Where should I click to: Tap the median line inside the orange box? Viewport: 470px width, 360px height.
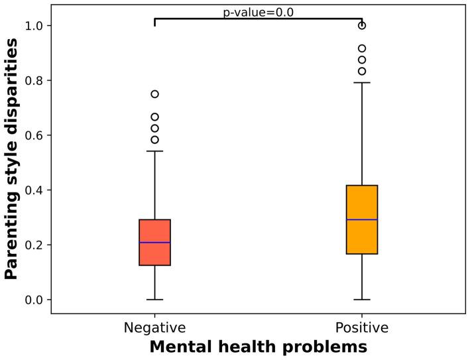point(362,219)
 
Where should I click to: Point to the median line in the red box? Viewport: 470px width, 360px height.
point(154,243)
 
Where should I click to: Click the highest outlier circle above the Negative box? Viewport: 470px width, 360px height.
point(154,94)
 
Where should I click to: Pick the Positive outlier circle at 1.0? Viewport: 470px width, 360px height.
point(362,25)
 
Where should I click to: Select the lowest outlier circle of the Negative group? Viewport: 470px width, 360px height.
point(154,140)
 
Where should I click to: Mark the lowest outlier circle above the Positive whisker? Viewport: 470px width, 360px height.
point(362,71)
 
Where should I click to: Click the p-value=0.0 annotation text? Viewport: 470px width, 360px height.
point(258,12)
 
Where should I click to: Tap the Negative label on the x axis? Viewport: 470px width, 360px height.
point(154,328)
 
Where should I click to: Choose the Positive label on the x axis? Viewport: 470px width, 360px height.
point(362,328)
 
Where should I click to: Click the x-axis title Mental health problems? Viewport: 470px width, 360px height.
point(258,347)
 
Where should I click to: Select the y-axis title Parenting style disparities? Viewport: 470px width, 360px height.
point(12,159)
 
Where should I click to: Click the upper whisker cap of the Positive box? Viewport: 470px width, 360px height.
point(362,83)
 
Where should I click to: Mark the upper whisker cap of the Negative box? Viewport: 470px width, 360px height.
point(154,151)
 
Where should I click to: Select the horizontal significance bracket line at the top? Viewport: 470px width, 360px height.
point(258,19)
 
